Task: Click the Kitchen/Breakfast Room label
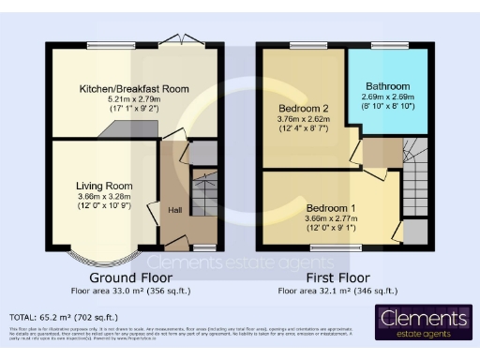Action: pos(135,88)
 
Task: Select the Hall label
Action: pos(175,210)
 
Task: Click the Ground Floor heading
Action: pos(130,278)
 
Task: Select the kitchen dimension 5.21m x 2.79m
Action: pos(135,98)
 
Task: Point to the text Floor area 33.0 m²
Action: pos(130,292)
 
